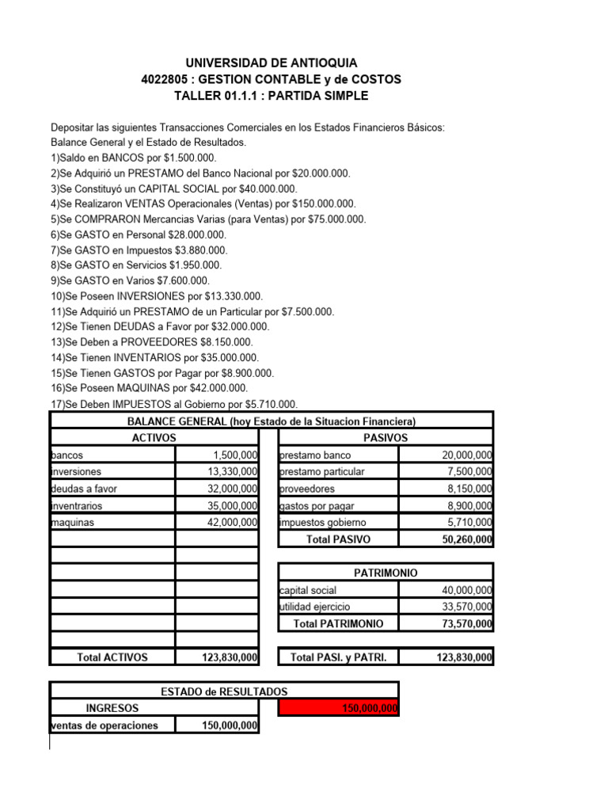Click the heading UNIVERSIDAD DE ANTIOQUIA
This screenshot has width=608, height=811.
click(271, 63)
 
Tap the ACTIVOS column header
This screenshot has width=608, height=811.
click(154, 438)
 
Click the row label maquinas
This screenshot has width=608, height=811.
click(70, 523)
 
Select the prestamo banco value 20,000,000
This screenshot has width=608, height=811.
click(466, 455)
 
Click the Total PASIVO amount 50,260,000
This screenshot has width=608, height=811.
click(466, 539)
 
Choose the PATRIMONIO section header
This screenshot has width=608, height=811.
click(386, 573)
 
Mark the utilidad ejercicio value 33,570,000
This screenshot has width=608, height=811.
click(466, 607)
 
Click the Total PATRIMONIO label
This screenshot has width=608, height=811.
click(338, 623)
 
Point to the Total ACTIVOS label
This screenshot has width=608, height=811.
click(112, 657)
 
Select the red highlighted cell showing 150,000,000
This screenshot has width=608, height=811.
click(339, 708)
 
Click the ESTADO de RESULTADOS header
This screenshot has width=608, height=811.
click(224, 691)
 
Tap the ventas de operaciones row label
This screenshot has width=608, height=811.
click(104, 725)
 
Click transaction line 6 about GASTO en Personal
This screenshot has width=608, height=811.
click(139, 235)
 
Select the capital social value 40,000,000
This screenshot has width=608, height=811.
click(466, 590)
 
